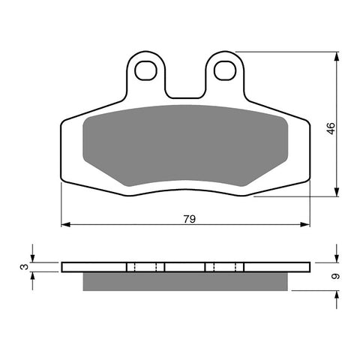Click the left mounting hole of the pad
point(146,70)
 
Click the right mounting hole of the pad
point(224,70)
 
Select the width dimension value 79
point(190,219)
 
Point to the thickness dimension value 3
point(24,266)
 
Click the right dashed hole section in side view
point(224,267)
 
